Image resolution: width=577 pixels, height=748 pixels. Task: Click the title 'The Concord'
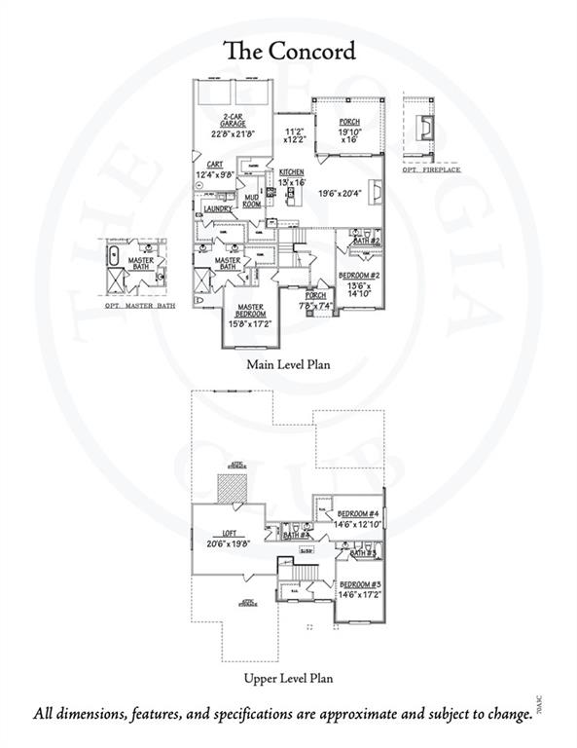(x=288, y=51)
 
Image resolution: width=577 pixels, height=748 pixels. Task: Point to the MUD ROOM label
(x=251, y=201)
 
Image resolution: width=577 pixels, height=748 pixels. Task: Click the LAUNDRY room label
(x=218, y=208)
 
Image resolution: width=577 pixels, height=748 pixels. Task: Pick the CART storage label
(x=218, y=166)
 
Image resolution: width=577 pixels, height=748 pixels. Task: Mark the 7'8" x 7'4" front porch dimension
(x=316, y=306)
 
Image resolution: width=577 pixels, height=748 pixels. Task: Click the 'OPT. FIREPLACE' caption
(x=432, y=169)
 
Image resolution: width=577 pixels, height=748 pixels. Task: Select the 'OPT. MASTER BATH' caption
(x=141, y=306)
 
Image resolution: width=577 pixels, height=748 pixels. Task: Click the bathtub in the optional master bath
(x=114, y=261)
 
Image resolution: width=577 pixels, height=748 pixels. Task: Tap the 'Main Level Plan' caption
(x=288, y=365)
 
